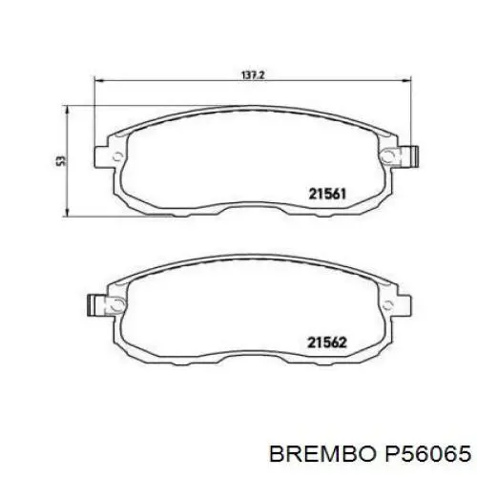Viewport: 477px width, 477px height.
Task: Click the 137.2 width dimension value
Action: pyautogui.click(x=253, y=75)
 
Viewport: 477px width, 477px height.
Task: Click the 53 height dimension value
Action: pyautogui.click(x=61, y=160)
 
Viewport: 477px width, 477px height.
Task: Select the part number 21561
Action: pyautogui.click(x=327, y=194)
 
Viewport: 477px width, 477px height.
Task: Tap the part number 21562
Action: pyautogui.click(x=327, y=342)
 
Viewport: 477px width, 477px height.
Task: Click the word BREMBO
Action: pyautogui.click(x=322, y=453)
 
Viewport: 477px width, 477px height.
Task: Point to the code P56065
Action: pyautogui.click(x=427, y=453)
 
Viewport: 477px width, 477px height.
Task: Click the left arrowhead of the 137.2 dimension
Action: pyautogui.click(x=99, y=81)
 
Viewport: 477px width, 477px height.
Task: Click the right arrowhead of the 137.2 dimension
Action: pyautogui.click(x=407, y=81)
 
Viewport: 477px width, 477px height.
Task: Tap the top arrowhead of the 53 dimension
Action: pyautogui.click(x=67, y=111)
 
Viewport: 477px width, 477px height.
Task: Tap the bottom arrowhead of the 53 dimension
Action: pyautogui.click(x=67, y=213)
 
